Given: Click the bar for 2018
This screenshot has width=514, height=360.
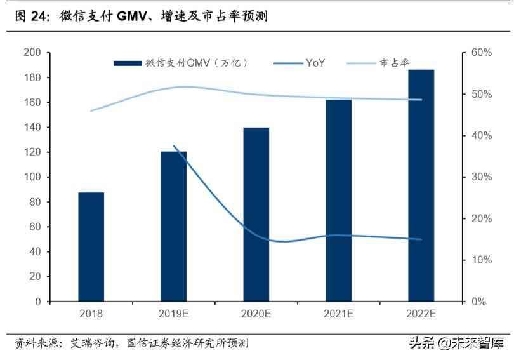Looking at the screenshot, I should pos(91,246).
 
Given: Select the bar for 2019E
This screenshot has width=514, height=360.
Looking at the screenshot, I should pos(174,226).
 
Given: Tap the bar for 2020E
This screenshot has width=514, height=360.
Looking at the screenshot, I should pos(256,214).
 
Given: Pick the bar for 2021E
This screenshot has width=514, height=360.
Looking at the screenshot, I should pos(338,200).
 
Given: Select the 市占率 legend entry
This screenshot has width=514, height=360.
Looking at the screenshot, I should pos(395,63).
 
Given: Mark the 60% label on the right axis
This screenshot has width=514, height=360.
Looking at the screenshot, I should pos(482,53).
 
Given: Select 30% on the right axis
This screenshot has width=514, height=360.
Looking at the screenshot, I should pos(482,177).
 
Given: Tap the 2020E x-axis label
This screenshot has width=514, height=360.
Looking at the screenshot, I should pos(256,314).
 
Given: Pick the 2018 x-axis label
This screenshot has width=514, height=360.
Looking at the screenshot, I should pos(91,314).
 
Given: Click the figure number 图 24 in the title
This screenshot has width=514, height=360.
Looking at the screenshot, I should pos(32,17).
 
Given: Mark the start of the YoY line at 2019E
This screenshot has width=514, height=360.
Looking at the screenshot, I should pos(174,146).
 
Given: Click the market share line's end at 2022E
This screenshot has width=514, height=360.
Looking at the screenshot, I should pos(421,100).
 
